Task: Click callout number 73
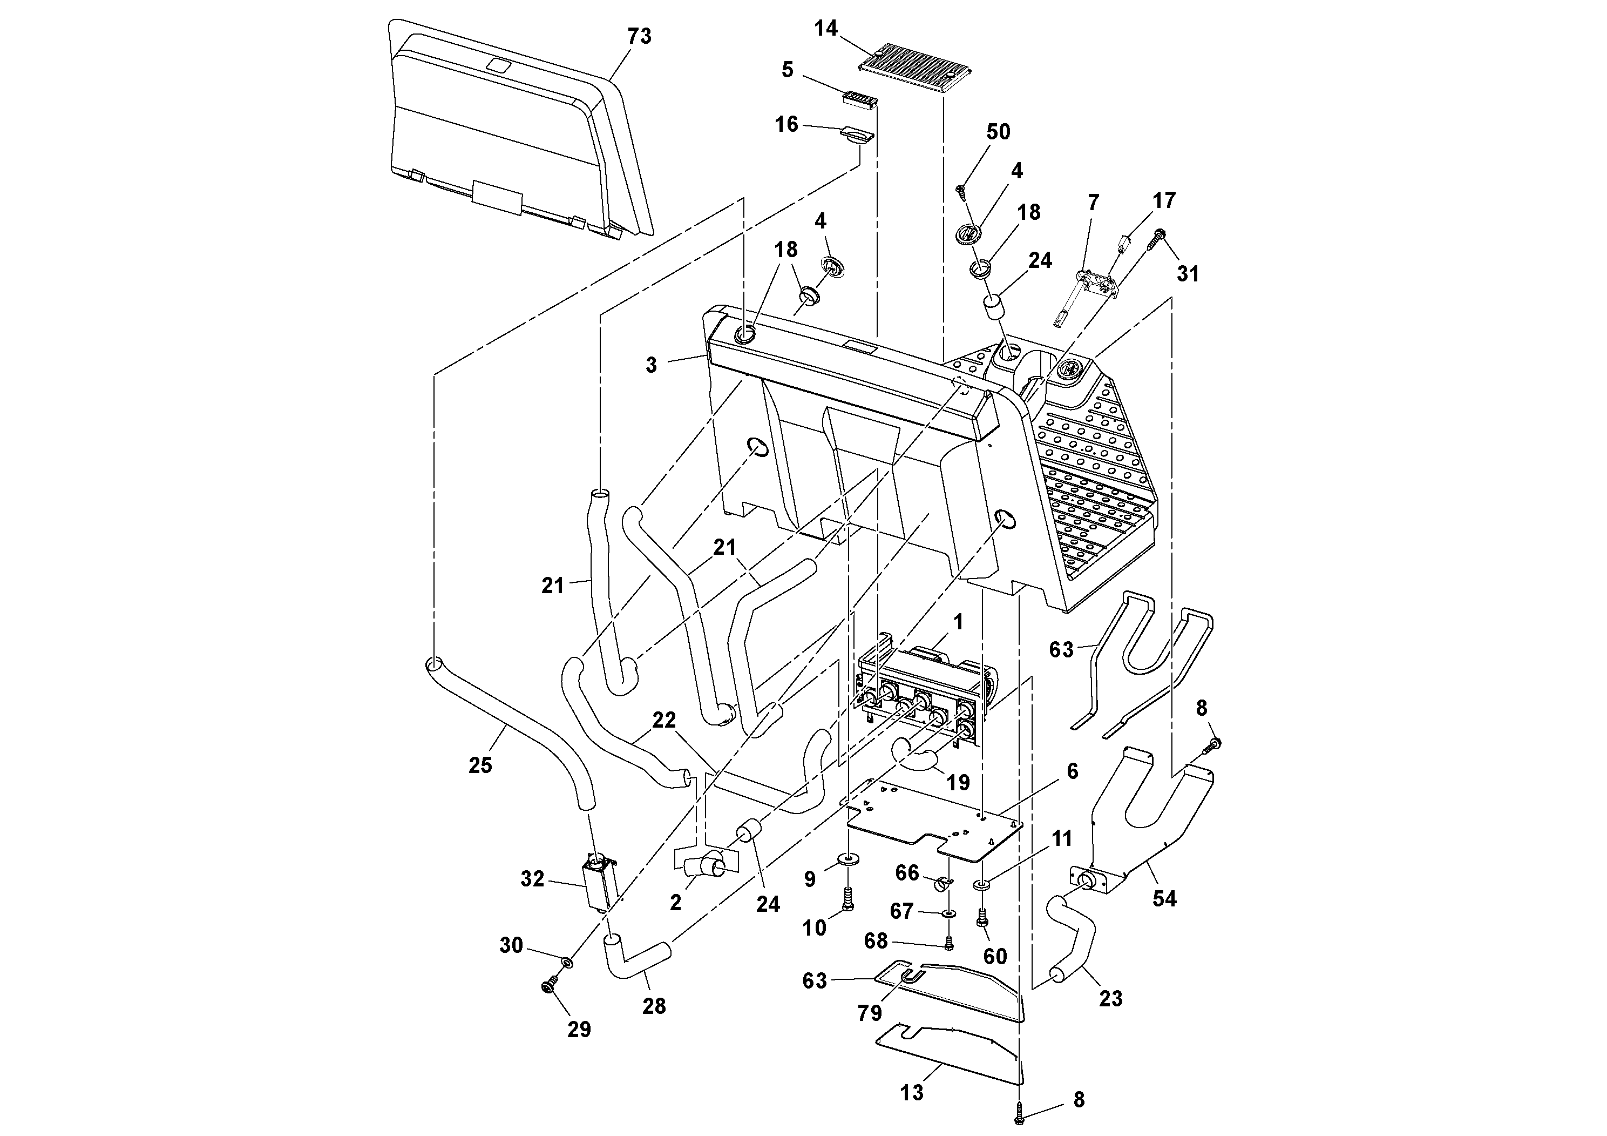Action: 639,36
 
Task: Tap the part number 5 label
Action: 788,70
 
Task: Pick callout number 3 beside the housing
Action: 651,365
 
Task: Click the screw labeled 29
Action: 550,986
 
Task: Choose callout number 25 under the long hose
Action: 480,765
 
